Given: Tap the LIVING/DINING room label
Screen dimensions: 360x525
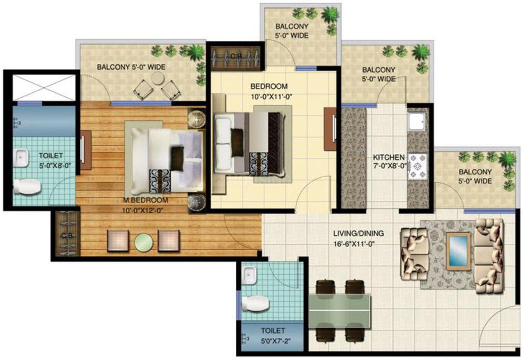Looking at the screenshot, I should [358, 238].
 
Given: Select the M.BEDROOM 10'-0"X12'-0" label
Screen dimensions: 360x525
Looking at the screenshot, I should [146, 205].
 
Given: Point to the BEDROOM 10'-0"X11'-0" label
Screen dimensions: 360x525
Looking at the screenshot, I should [269, 90].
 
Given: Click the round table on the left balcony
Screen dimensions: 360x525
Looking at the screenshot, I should [157, 79].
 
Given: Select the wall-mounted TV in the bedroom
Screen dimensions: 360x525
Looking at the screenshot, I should [329, 129].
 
